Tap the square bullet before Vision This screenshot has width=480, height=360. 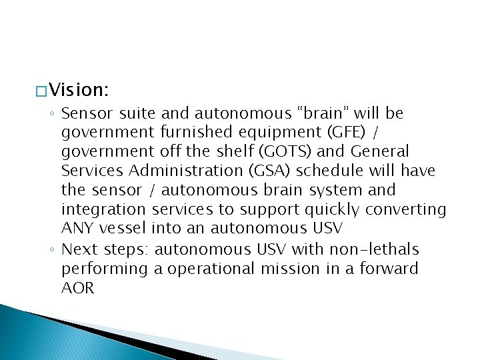point(40,89)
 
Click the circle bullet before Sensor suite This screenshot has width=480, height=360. point(53,114)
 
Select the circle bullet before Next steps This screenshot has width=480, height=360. point(53,250)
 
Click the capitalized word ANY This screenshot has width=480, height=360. point(77,229)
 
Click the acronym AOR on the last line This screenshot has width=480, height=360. point(78,288)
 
